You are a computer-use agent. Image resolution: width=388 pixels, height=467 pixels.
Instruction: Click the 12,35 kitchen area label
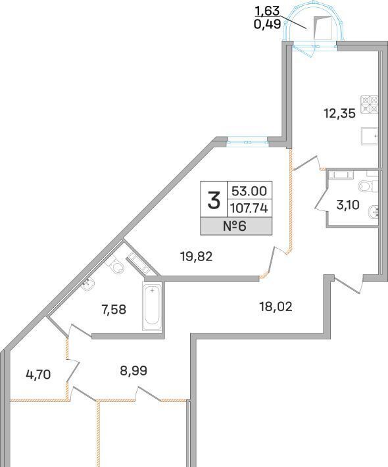pyautogui.click(x=340, y=114)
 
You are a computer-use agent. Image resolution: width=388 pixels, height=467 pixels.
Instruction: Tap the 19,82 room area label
pyautogui.click(x=197, y=257)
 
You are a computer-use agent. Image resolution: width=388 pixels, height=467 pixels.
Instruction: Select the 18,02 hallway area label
pyautogui.click(x=276, y=307)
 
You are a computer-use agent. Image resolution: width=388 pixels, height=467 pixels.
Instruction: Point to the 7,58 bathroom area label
pyautogui.click(x=114, y=310)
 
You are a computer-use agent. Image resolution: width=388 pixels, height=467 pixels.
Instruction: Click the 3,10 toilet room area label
pyautogui.click(x=348, y=205)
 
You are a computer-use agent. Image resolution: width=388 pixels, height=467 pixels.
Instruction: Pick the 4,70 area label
pyautogui.click(x=38, y=375)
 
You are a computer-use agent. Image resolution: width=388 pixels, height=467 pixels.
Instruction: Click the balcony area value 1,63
pyautogui.click(x=268, y=11)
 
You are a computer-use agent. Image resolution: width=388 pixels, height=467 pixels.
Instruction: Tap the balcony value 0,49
pyautogui.click(x=268, y=24)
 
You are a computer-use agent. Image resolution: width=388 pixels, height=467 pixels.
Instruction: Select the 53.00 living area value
pyautogui.click(x=249, y=191)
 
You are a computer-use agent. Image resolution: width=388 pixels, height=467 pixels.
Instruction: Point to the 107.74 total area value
pyautogui.click(x=249, y=209)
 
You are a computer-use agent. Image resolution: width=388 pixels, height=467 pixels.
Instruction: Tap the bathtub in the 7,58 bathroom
pyautogui.click(x=152, y=306)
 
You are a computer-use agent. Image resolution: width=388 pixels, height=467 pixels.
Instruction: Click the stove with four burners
pyautogui.click(x=370, y=105)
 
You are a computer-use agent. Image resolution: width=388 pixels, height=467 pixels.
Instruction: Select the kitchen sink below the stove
pyautogui.click(x=370, y=136)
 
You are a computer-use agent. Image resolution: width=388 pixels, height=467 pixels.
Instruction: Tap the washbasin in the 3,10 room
pyautogui.click(x=373, y=212)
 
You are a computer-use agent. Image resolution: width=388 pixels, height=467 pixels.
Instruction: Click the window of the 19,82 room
pyautogui.click(x=247, y=142)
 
